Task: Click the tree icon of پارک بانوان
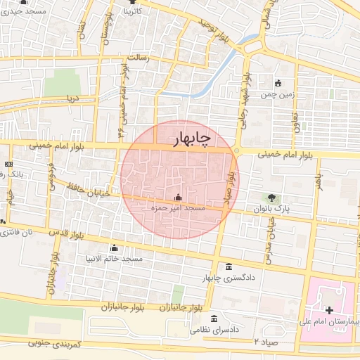click(x=271, y=198)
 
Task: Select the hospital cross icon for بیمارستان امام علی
click(x=329, y=310)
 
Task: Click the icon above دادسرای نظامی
click(x=214, y=319)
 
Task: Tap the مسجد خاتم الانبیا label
click(x=115, y=259)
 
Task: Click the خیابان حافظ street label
click(x=85, y=189)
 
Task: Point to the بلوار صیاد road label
click(x=228, y=191)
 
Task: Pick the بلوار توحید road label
click(x=213, y=30)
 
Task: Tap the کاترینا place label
click(x=131, y=12)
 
